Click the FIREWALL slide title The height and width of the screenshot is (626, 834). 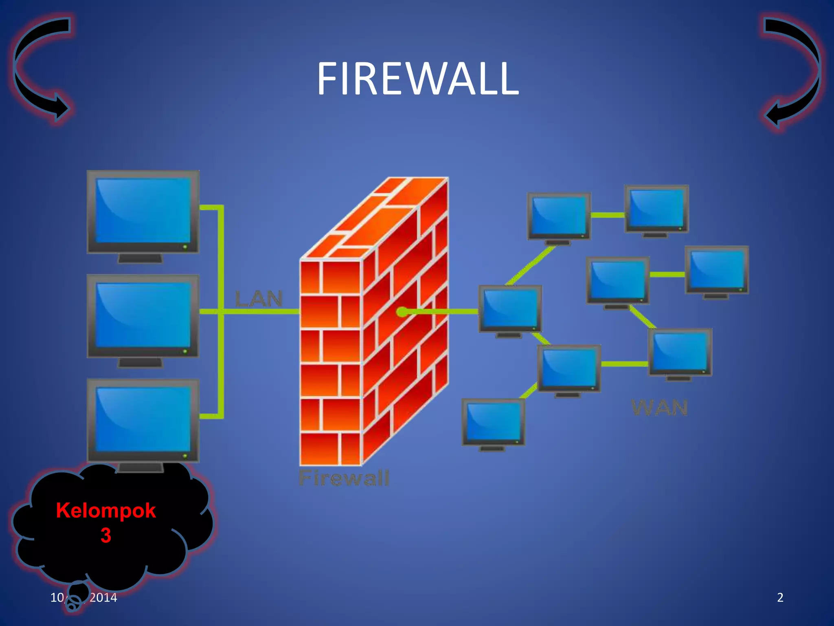tap(417, 79)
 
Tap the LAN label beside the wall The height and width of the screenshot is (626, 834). tap(259, 299)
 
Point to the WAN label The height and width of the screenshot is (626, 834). tap(659, 408)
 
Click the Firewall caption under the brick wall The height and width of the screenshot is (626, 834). tap(344, 478)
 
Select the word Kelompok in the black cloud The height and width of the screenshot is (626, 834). tap(106, 510)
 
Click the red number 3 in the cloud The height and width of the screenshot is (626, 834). tap(106, 535)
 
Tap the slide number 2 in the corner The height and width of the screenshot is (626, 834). tap(780, 597)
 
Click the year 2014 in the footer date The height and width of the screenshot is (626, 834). tap(103, 597)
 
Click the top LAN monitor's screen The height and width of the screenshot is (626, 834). tap(143, 210)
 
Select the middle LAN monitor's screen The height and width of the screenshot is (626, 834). tap(143, 315)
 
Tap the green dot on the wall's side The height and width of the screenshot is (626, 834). tap(402, 312)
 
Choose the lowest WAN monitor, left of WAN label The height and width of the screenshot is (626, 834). tap(493, 421)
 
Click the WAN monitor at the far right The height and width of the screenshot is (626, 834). tap(717, 269)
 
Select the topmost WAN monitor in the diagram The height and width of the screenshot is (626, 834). tap(656, 208)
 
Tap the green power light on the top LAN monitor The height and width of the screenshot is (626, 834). tap(185, 247)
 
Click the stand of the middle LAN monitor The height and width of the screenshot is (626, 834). tap(140, 362)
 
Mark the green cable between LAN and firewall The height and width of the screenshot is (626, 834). tap(261, 312)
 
